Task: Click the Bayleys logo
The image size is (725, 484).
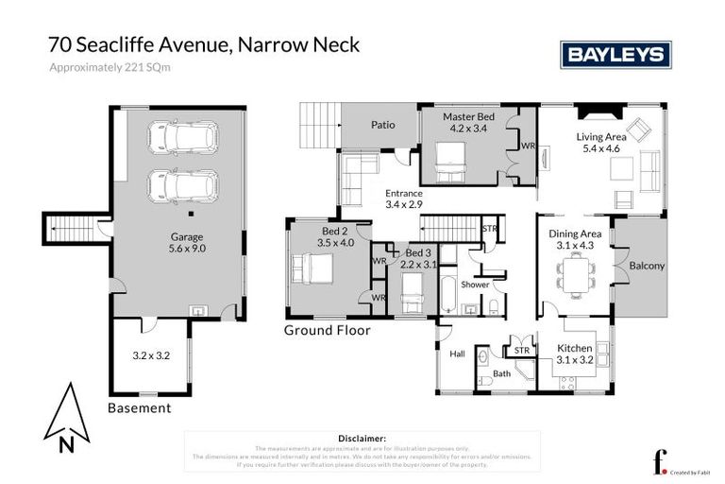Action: tap(615, 55)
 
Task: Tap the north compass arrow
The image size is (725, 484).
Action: tap(67, 414)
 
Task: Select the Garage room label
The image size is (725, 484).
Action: tap(187, 237)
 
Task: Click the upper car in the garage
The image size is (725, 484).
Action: tap(182, 137)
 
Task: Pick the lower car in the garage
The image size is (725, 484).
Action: tap(182, 185)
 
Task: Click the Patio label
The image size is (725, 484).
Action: tap(382, 124)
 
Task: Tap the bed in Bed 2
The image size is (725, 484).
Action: tap(312, 269)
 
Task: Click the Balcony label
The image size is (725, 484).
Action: tap(647, 266)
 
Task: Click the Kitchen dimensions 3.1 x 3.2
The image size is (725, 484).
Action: tap(575, 360)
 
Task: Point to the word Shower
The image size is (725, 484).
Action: tap(475, 284)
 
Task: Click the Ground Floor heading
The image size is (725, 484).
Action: tap(328, 330)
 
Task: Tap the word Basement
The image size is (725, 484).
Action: tap(140, 408)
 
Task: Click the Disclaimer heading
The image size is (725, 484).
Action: tap(362, 439)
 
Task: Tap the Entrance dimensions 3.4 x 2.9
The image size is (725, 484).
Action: tap(405, 203)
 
